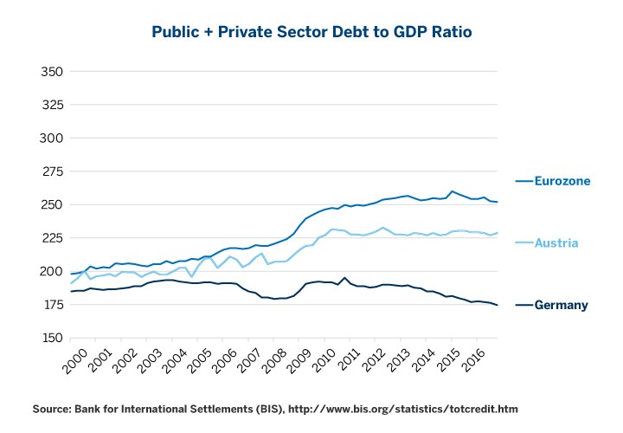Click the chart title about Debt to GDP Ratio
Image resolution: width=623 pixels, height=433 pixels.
point(311,32)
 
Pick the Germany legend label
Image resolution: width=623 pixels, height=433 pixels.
point(561,305)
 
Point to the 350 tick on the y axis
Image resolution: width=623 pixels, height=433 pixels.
point(52,71)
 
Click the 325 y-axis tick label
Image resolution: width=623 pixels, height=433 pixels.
point(52,105)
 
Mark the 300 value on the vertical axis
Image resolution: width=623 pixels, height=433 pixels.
point(52,138)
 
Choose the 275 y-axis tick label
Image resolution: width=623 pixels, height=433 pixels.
point(52,171)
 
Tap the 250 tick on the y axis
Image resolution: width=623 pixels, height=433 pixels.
point(52,204)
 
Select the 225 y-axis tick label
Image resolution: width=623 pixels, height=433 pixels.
point(52,238)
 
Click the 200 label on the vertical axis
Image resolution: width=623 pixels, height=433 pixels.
point(52,271)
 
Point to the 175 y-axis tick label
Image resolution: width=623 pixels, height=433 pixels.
point(52,305)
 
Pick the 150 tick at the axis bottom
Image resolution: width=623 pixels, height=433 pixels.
point(52,338)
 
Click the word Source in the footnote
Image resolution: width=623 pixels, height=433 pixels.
point(53,408)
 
